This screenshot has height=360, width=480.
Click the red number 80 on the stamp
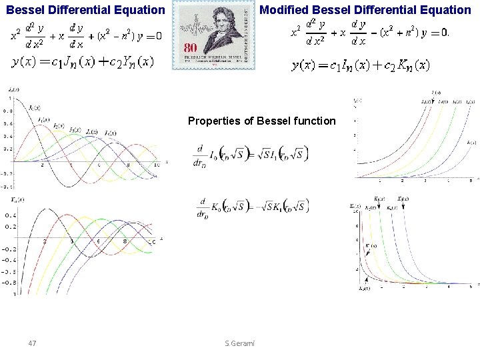click(x=191, y=48)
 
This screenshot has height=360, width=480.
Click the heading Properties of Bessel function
click(x=261, y=121)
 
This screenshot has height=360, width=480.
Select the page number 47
click(x=32, y=343)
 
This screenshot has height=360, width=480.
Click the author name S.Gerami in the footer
click(x=244, y=343)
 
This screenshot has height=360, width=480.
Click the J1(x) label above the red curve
click(x=43, y=119)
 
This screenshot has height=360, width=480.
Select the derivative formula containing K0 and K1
click(x=249, y=205)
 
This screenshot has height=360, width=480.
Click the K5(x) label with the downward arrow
click(x=403, y=198)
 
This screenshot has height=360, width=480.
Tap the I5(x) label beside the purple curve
click(x=471, y=141)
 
